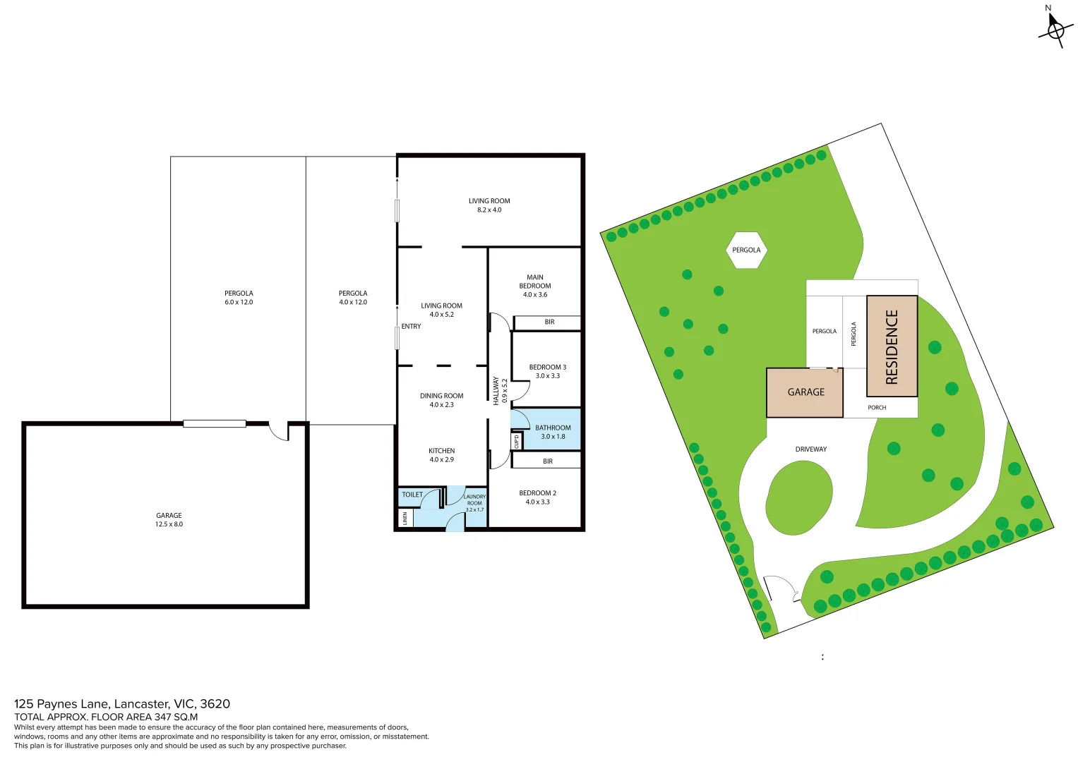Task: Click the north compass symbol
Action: pyautogui.click(x=1054, y=29)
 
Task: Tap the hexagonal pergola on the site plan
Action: pyautogui.click(x=746, y=250)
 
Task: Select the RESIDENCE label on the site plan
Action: pyautogui.click(x=892, y=346)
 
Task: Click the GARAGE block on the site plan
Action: pyautogui.click(x=805, y=392)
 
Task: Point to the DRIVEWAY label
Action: pyautogui.click(x=810, y=449)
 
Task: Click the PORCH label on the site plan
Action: pyautogui.click(x=877, y=408)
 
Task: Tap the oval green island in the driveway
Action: pyautogui.click(x=798, y=498)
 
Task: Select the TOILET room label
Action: pyautogui.click(x=412, y=495)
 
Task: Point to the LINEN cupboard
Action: pyautogui.click(x=405, y=519)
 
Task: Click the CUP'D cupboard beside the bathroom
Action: pyautogui.click(x=516, y=442)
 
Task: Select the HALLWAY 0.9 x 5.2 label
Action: pyautogui.click(x=500, y=390)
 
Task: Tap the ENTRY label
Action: pyautogui.click(x=411, y=327)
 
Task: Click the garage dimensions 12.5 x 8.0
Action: pyautogui.click(x=169, y=524)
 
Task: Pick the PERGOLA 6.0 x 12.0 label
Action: pyautogui.click(x=239, y=298)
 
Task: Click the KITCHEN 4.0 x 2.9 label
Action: pyautogui.click(x=441, y=455)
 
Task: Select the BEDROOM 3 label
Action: pyautogui.click(x=547, y=367)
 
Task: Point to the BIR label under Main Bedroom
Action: pyautogui.click(x=549, y=322)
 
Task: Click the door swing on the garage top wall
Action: pyautogui.click(x=280, y=432)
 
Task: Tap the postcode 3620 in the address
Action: pyautogui.click(x=215, y=703)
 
